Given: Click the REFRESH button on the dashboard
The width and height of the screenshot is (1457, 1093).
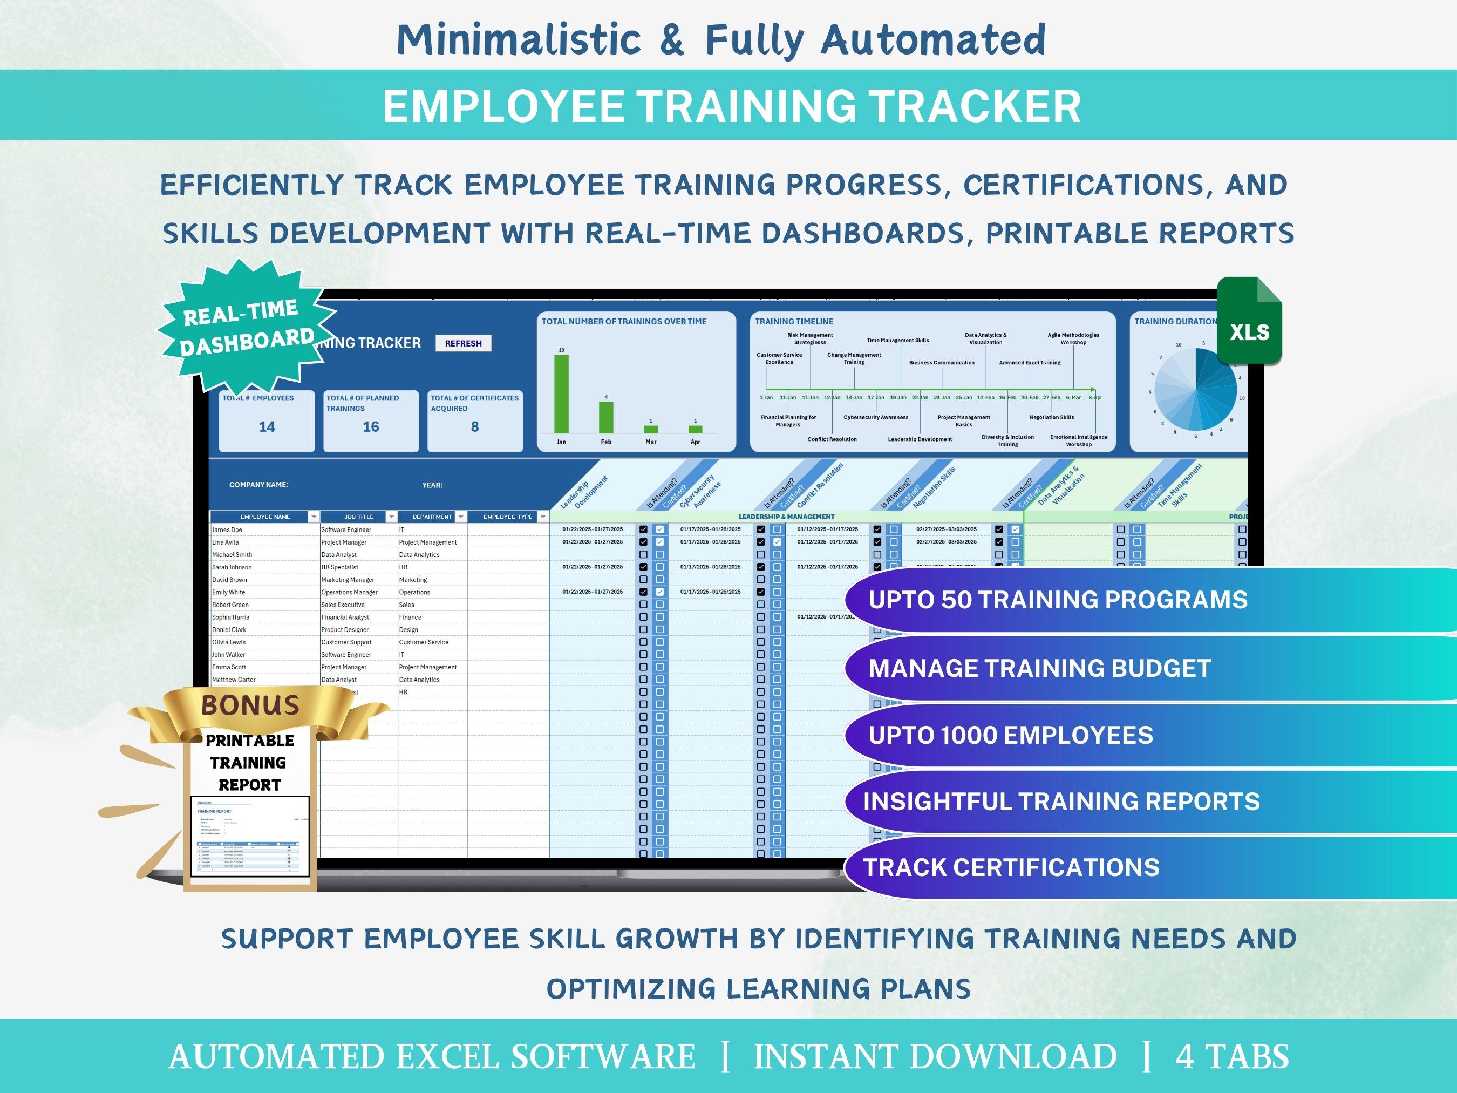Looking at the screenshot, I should (463, 343).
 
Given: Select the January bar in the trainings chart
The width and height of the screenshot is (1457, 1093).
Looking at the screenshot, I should (561, 393).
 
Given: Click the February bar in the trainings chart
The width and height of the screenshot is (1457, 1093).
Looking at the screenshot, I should (606, 417).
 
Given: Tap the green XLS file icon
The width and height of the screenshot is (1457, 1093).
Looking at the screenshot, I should (1249, 323).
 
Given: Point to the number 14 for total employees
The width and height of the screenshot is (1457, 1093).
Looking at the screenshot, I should (267, 427).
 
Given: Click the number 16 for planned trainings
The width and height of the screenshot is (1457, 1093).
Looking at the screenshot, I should (371, 427).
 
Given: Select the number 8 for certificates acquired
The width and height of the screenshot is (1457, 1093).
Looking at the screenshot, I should (475, 427).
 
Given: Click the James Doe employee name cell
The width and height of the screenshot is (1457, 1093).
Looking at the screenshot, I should (227, 529).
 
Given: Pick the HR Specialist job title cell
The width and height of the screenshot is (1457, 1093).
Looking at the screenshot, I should (340, 567).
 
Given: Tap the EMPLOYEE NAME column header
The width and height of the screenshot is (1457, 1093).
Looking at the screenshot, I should (265, 517).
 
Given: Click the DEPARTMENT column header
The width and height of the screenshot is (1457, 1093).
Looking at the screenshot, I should (432, 517).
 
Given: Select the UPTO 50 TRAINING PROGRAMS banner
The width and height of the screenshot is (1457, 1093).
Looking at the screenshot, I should (1058, 600).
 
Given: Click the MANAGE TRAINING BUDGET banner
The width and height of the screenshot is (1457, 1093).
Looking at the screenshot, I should (1039, 668).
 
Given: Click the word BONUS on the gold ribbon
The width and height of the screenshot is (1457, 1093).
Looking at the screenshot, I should (250, 705).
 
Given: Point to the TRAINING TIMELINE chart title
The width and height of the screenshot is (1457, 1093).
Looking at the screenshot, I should (794, 322).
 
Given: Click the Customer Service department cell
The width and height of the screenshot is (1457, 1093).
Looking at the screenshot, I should (424, 642).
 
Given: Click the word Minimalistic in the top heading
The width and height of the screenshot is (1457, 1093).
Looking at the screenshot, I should (519, 39).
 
